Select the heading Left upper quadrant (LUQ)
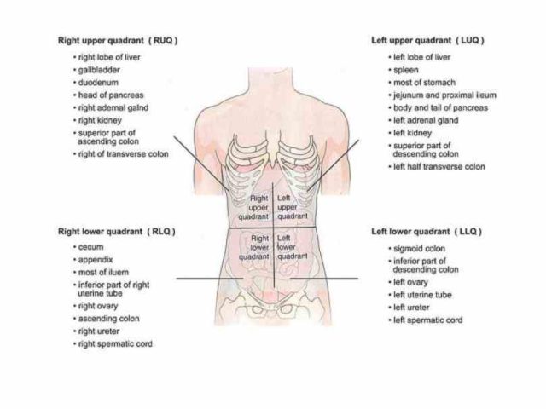click(x=428, y=40)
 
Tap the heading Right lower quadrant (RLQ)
click(x=118, y=231)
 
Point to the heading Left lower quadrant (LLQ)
click(x=427, y=231)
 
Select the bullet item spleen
click(x=405, y=70)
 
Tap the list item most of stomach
click(x=421, y=83)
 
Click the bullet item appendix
click(x=96, y=259)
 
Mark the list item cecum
click(x=93, y=247)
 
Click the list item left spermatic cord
click(x=426, y=320)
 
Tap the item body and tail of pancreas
click(x=439, y=108)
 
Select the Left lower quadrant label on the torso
click(x=293, y=247)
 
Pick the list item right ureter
click(x=99, y=331)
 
